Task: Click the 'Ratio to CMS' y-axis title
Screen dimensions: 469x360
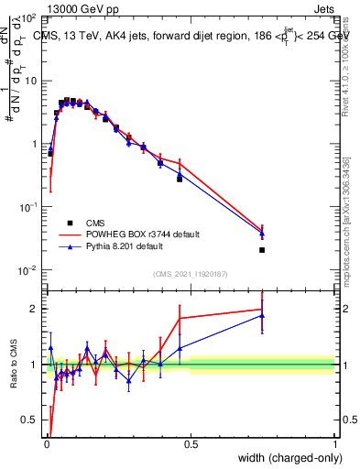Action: [x=14, y=365]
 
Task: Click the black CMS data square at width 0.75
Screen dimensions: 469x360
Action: [x=262, y=250]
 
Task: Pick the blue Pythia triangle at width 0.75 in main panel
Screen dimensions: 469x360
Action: [x=262, y=233]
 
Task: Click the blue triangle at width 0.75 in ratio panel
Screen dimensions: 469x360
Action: [x=262, y=316]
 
